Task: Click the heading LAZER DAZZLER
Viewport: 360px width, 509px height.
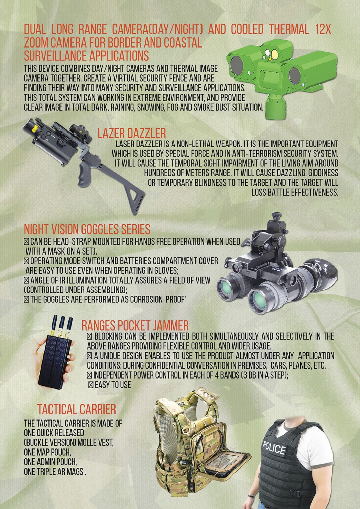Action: [132, 133]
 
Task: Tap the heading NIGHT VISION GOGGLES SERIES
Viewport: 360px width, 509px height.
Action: [87, 229]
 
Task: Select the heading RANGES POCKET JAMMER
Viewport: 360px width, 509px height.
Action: [135, 326]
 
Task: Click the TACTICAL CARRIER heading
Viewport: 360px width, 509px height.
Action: [77, 409]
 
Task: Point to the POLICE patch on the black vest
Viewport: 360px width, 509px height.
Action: [274, 448]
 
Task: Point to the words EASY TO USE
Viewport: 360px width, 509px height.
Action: [113, 385]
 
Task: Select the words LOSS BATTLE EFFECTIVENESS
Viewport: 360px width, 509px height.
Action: [295, 193]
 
